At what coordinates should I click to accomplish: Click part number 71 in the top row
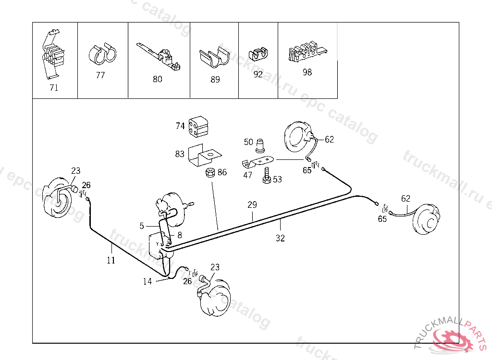[x=54, y=87]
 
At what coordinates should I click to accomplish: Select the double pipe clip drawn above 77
[x=102, y=54]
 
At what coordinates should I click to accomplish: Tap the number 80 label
[x=158, y=79]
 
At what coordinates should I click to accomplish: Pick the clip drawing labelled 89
[x=214, y=57]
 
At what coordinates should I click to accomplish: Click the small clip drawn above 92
[x=258, y=54]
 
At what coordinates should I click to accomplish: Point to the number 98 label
[x=307, y=72]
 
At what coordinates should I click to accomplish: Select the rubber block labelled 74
[x=198, y=127]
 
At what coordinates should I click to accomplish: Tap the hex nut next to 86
[x=209, y=172]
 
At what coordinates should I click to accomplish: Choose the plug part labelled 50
[x=260, y=145]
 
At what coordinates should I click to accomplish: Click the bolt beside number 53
[x=267, y=175]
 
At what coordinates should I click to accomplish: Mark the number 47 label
[x=247, y=175]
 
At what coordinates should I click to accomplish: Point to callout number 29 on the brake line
[x=252, y=205]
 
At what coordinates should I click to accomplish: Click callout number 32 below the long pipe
[x=280, y=238]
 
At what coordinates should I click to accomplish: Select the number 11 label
[x=111, y=260]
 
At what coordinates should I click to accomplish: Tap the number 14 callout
[x=148, y=281]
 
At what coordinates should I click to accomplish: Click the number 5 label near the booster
[x=142, y=226]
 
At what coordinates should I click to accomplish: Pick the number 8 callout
[x=180, y=235]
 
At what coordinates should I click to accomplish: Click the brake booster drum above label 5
[x=171, y=208]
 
